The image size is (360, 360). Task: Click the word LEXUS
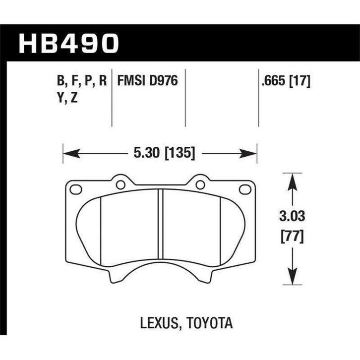point(157,324)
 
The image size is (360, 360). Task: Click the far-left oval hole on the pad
point(76,189)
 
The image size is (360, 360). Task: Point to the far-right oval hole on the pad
point(244,189)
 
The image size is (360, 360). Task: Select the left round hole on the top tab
point(120,184)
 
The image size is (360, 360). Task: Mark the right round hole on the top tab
point(200,184)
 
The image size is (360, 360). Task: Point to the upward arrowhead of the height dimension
point(293,180)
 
